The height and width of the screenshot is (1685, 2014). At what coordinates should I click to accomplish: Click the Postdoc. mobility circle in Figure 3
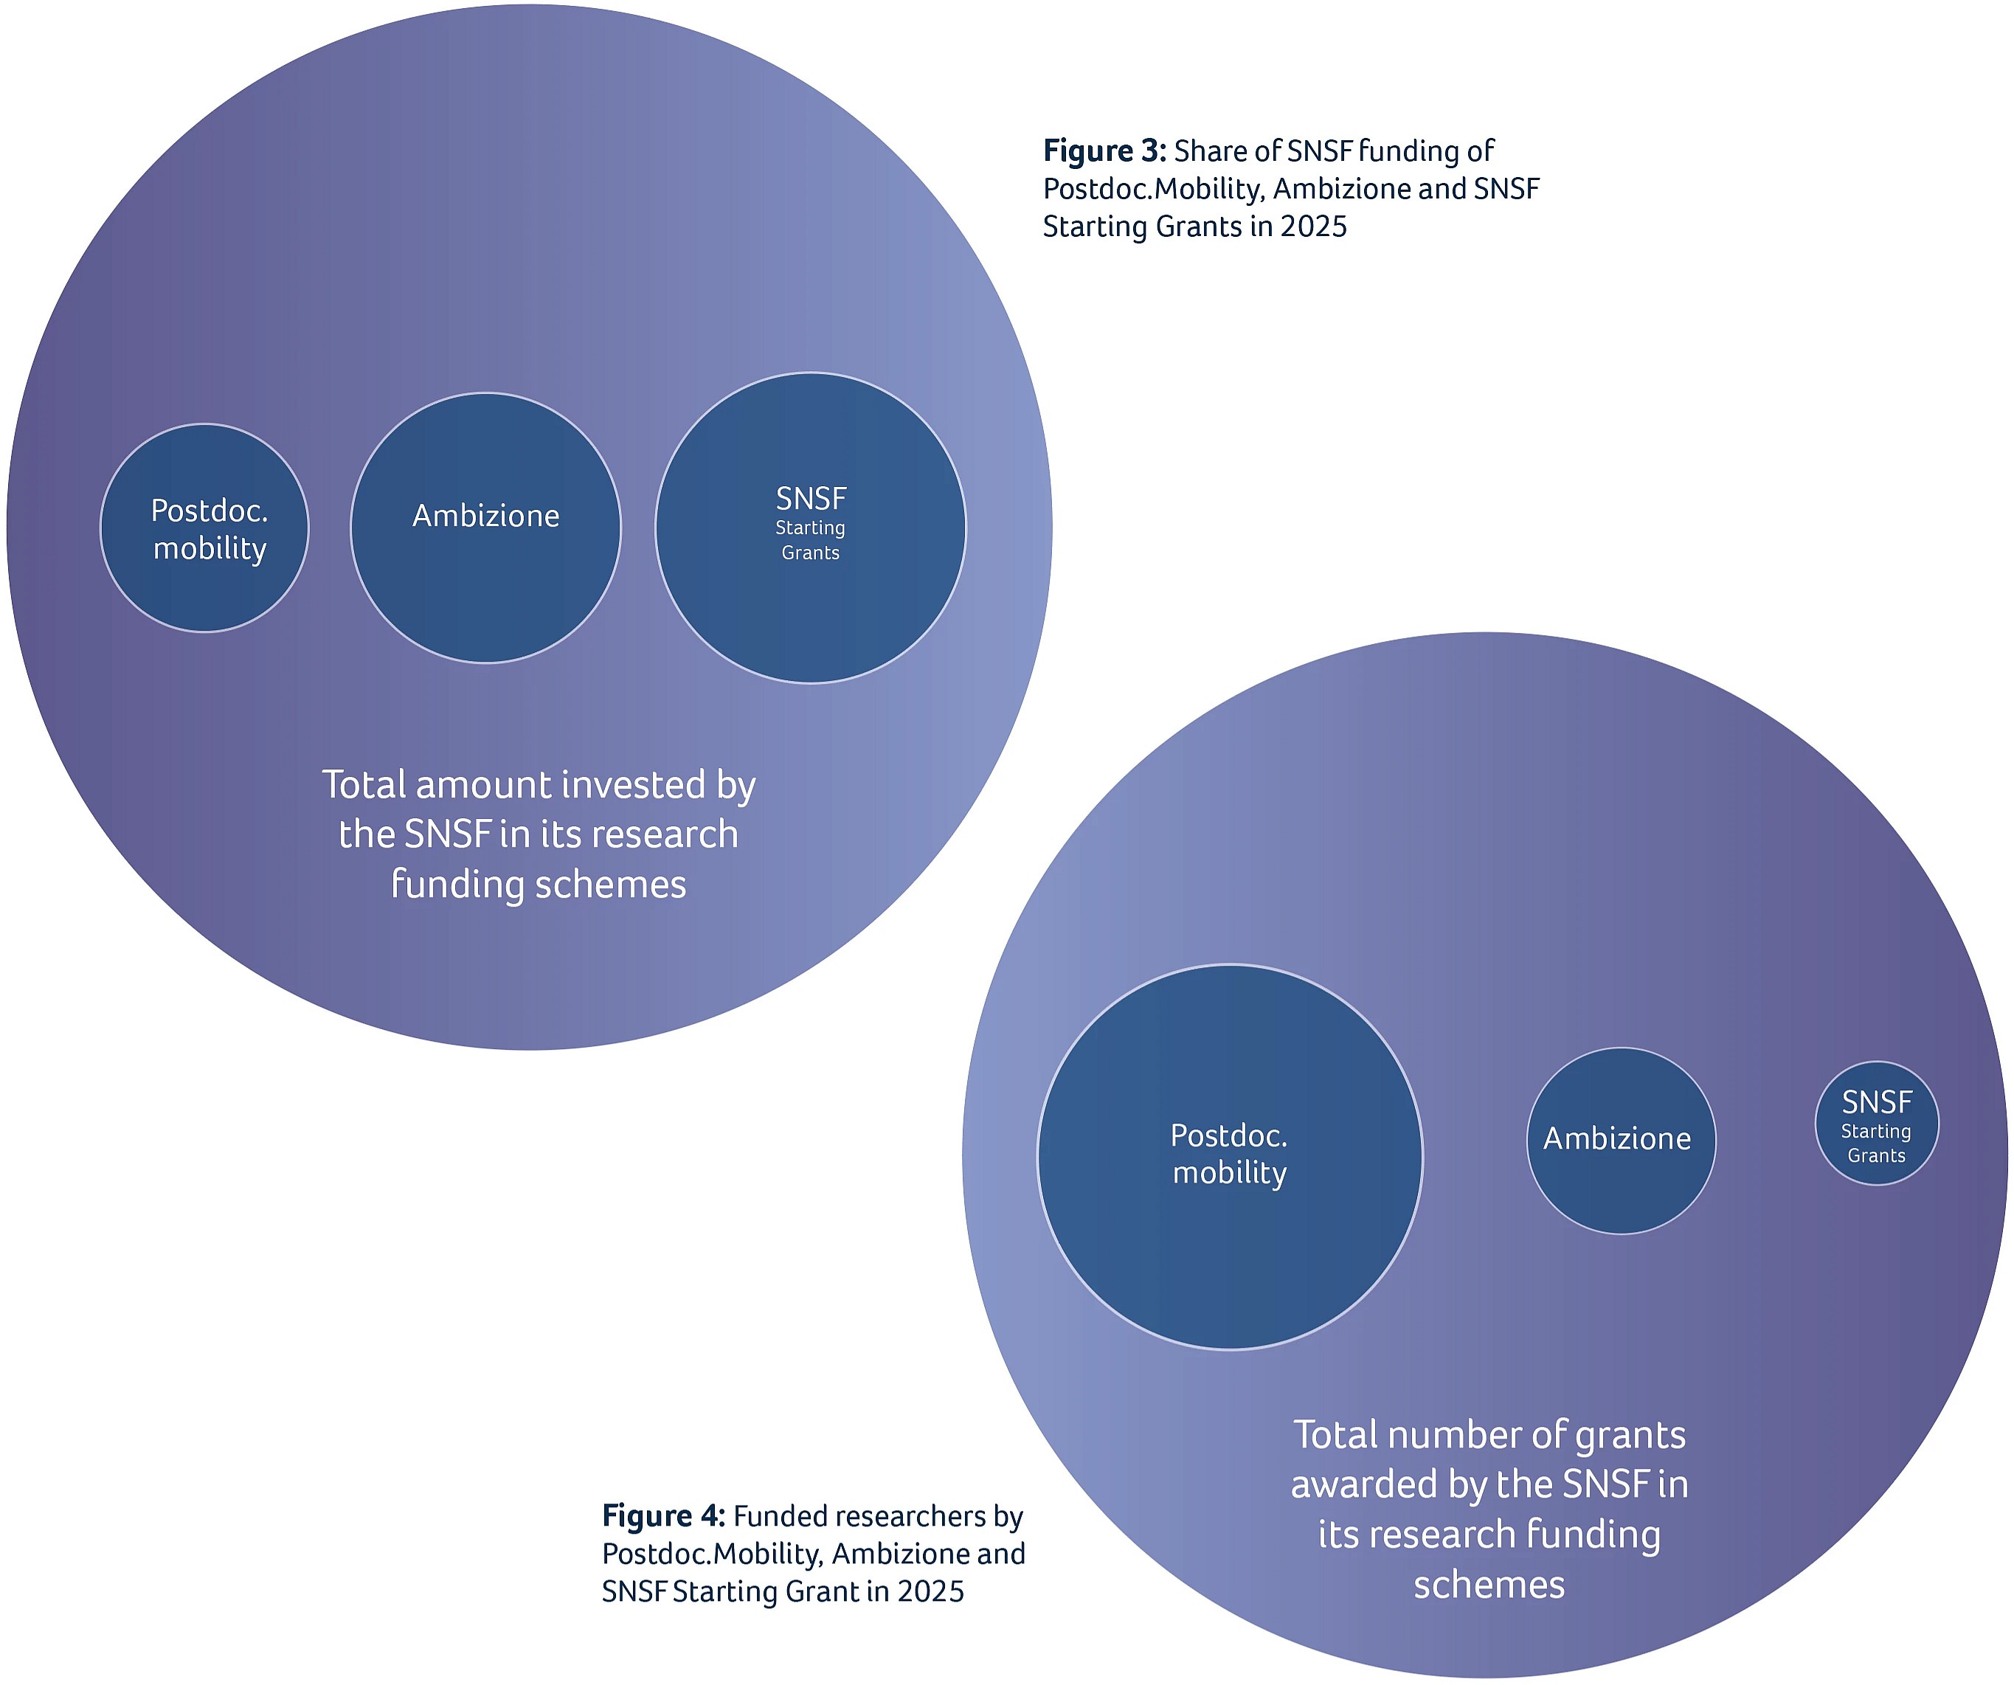[x=204, y=528]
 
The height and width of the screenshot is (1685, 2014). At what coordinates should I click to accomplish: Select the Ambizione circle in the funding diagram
[x=486, y=528]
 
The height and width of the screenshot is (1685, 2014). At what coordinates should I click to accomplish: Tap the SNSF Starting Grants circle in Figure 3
[x=810, y=528]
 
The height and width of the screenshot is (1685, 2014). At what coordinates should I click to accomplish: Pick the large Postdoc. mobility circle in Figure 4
[x=1231, y=1158]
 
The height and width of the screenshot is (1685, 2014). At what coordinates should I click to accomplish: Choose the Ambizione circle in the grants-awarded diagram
[x=1621, y=1141]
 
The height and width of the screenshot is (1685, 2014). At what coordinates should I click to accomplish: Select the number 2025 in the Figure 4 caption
[x=931, y=1592]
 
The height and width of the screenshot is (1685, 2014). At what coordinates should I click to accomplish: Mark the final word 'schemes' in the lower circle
[x=1489, y=1585]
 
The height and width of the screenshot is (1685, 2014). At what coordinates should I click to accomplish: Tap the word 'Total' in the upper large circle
[x=364, y=784]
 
